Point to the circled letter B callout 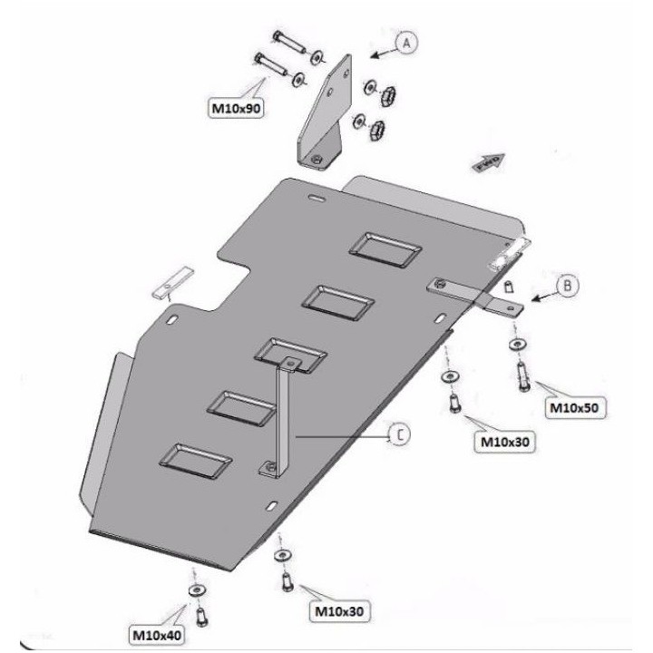click(x=567, y=285)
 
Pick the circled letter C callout click(x=400, y=436)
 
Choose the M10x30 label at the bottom click(x=343, y=612)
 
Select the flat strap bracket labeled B click(x=467, y=295)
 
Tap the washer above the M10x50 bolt click(x=517, y=345)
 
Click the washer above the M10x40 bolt click(x=196, y=590)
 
